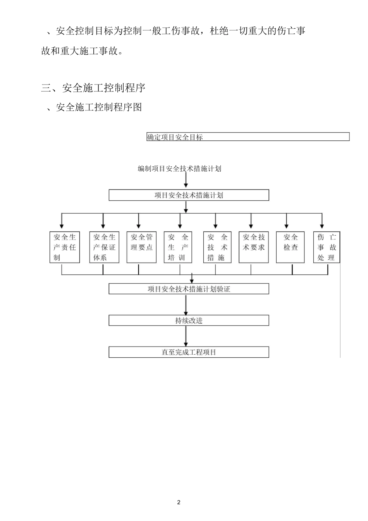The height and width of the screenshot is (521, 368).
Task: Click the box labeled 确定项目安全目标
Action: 248,137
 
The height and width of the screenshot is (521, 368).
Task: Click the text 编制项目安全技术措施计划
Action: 179,169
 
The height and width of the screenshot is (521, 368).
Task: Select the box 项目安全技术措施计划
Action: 189,195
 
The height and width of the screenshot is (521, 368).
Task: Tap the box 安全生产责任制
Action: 65,247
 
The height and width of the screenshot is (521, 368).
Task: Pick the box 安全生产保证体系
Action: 104,247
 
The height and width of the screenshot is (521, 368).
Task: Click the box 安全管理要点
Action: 141,247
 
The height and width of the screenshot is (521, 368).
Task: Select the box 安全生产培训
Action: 178,247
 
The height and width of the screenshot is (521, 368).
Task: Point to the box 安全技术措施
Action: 217,247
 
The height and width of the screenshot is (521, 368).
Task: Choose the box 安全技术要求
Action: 254,247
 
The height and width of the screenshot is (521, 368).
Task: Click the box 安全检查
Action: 291,247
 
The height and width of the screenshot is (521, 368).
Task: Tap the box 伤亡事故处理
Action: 327,247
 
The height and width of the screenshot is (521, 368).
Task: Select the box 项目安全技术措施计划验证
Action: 189,289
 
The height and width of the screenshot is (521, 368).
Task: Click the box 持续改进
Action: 189,321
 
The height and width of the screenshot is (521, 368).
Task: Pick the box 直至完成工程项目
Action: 189,352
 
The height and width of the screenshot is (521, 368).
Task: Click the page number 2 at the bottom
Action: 179,502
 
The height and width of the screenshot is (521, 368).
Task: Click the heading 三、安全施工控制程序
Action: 93,88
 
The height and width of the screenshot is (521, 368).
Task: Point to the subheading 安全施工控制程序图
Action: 99,107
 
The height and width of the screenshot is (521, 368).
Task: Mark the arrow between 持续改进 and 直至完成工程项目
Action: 186,336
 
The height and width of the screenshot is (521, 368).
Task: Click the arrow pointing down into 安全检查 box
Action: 287,221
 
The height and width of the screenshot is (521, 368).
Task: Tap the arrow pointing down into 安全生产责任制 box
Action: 62,221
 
